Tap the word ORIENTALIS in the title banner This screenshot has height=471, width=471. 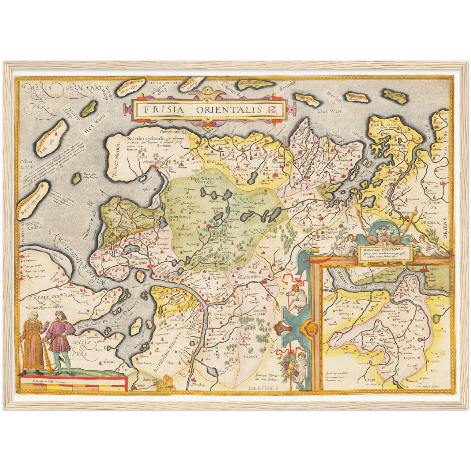tap(229, 110)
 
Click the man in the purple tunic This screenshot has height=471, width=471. tap(59, 339)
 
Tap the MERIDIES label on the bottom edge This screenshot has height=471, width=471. tap(263, 388)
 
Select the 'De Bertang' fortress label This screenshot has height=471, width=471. tap(167, 385)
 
